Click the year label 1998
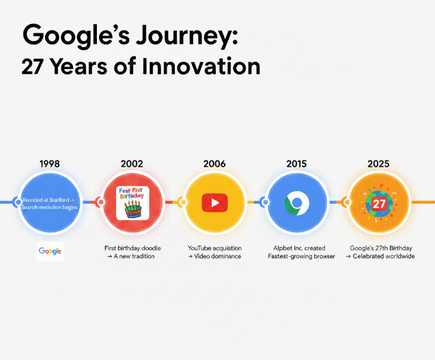point(50,164)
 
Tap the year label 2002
point(132,164)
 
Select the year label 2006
point(214,164)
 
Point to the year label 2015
point(296,164)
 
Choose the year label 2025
point(378,164)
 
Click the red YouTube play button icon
point(214,202)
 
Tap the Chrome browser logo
point(297,203)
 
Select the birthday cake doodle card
point(132,203)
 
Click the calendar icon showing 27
point(378,203)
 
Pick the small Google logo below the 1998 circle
point(50,251)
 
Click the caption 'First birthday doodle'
point(132,247)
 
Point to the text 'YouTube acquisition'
point(214,247)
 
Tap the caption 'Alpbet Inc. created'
point(296,247)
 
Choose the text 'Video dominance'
point(219,256)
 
